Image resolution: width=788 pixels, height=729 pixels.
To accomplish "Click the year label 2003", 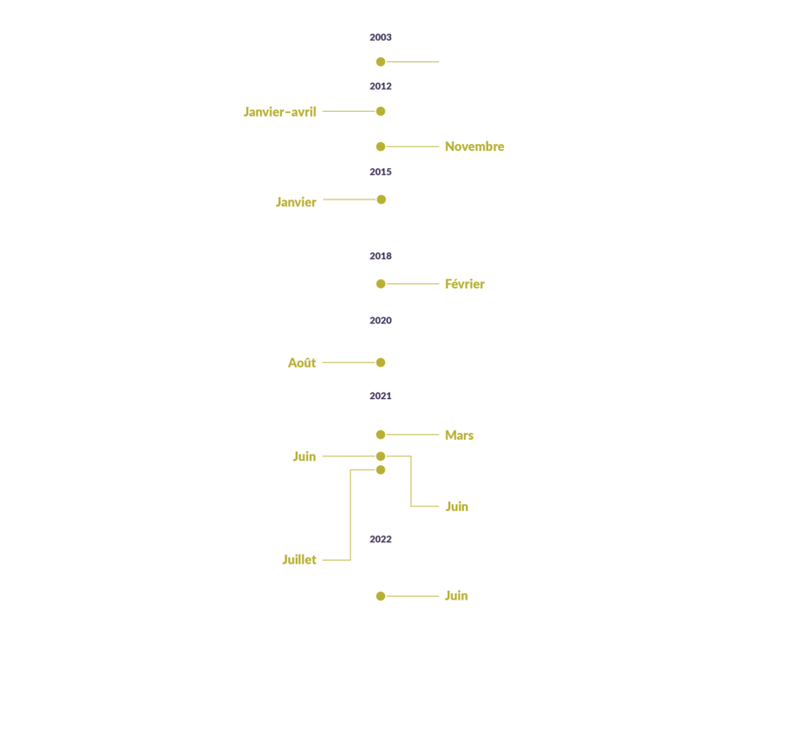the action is point(380,37).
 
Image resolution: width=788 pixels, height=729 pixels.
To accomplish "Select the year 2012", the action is point(380,87).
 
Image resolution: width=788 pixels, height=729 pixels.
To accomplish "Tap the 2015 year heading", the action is point(380,172).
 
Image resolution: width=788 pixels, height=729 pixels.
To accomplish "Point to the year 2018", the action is point(380,256).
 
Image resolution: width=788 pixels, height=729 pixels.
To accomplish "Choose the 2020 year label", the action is point(380,321).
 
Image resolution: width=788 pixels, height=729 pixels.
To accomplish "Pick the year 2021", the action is point(380,396).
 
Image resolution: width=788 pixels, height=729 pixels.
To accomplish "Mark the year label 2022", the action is point(380,539).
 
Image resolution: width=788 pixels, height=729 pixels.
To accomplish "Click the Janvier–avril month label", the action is point(280,112).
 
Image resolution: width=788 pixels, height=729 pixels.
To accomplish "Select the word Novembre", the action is point(475,146).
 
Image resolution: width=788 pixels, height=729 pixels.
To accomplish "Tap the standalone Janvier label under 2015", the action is point(296,202).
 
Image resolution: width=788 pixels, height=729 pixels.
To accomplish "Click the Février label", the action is point(465,284).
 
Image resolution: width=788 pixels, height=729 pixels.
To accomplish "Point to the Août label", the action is point(302,362).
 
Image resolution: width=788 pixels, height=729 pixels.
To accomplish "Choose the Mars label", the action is point(459,435).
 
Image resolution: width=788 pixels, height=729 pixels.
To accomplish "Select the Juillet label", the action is point(299,560).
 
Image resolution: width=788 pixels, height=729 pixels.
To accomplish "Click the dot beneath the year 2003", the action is point(380,62).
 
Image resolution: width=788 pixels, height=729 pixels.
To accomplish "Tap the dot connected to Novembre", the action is point(380,147).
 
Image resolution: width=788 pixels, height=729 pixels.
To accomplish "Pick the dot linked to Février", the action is point(380,284).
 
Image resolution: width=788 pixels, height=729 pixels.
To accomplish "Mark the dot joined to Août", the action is point(380,362).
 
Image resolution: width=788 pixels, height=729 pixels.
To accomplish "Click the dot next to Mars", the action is point(380,434).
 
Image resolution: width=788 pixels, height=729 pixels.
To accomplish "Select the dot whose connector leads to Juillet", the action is point(380,470).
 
